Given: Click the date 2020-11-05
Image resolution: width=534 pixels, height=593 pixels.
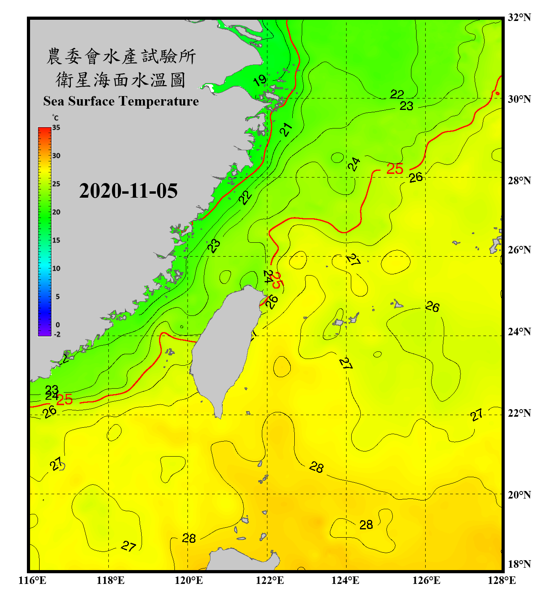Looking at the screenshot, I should click(x=128, y=191).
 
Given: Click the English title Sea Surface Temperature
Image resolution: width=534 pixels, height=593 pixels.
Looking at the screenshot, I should click(x=121, y=101).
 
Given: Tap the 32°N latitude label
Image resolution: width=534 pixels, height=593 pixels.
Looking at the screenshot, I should click(x=519, y=17).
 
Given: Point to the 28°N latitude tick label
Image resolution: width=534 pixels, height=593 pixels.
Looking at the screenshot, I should click(x=519, y=181).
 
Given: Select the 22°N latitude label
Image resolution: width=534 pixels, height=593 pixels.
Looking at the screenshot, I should click(x=519, y=413).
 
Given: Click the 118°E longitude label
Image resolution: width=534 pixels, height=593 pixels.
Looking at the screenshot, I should click(x=110, y=580).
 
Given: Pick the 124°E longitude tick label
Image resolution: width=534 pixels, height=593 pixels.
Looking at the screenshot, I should click(x=345, y=580).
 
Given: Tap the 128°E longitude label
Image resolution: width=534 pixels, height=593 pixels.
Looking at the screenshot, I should click(x=502, y=580).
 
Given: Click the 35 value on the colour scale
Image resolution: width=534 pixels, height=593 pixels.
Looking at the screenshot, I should click(x=56, y=127).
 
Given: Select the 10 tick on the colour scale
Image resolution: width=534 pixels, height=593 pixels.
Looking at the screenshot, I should click(x=56, y=268).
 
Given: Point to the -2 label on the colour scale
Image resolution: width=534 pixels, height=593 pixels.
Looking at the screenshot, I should click(x=57, y=334).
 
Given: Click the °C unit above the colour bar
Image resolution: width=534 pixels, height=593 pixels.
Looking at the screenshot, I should click(x=55, y=118).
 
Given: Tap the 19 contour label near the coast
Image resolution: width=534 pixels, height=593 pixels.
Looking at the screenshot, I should click(x=260, y=81).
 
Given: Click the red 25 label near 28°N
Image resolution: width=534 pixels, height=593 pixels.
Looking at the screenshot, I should click(x=394, y=169).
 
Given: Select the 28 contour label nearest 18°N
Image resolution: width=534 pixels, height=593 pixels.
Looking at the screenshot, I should click(x=189, y=538).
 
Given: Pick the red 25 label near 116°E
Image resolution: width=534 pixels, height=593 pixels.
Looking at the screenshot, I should click(x=64, y=399).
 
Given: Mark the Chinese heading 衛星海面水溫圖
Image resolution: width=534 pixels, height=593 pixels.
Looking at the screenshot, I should click(x=121, y=80).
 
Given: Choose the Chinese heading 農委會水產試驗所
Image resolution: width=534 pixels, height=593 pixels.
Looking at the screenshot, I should click(x=121, y=57).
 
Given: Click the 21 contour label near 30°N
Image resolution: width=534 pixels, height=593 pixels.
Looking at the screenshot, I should click(x=286, y=129).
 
